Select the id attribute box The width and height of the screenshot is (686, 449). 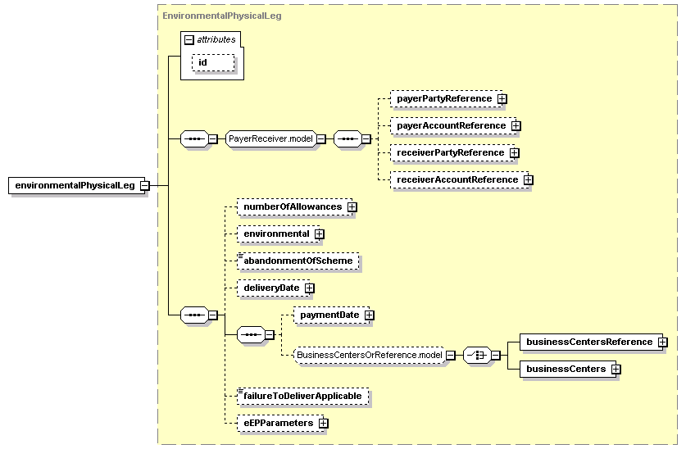(x=213, y=62)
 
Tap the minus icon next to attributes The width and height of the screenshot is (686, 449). (x=189, y=40)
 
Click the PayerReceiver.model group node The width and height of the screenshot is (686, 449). (x=270, y=139)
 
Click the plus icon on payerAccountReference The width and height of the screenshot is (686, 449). (x=516, y=126)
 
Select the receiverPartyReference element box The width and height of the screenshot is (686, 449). (x=452, y=153)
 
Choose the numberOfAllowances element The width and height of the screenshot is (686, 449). (x=295, y=206)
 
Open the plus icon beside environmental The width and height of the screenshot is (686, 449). (x=320, y=234)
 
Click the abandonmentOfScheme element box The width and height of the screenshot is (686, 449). (x=298, y=261)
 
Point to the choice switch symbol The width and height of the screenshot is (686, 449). (x=477, y=355)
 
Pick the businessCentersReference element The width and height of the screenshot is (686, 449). (x=592, y=342)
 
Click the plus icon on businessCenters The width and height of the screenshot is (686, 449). (x=616, y=369)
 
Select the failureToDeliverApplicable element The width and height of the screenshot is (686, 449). (x=302, y=396)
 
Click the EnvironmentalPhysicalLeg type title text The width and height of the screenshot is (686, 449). (x=222, y=16)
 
